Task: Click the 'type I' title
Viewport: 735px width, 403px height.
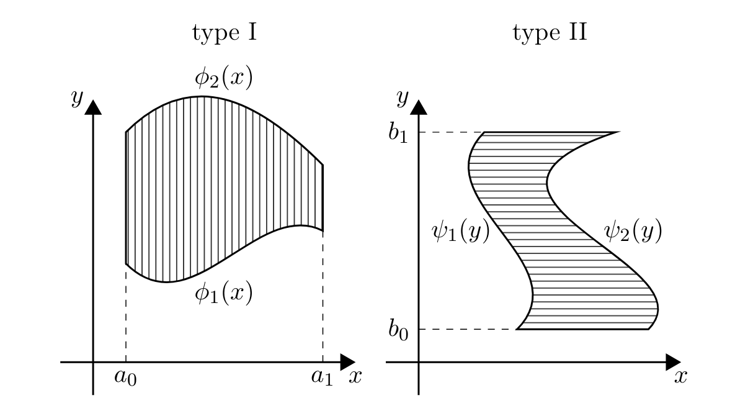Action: [225, 32]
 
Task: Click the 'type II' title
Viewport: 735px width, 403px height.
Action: [550, 32]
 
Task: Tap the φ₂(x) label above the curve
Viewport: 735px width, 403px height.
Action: [223, 78]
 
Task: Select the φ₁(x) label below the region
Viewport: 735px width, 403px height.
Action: [223, 293]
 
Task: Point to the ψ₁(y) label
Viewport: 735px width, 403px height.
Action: [460, 231]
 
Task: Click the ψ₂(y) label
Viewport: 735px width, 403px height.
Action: [633, 231]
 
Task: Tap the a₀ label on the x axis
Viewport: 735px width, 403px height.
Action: [126, 378]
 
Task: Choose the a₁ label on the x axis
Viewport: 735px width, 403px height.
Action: [322, 378]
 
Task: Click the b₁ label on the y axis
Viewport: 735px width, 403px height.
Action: [398, 133]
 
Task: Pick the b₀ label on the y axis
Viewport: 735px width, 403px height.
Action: [398, 330]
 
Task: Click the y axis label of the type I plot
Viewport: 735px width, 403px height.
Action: [77, 97]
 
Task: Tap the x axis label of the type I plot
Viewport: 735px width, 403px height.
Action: [355, 376]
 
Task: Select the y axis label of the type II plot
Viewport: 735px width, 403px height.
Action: [402, 97]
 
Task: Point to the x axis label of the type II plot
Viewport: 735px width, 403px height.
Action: [680, 376]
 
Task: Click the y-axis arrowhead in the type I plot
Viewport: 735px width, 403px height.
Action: [93, 107]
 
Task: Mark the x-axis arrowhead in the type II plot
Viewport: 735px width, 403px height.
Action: [674, 362]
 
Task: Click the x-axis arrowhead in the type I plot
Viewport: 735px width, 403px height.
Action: [348, 362]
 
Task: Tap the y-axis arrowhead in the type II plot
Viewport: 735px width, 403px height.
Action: [419, 107]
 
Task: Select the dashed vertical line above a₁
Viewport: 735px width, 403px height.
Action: [323, 296]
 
